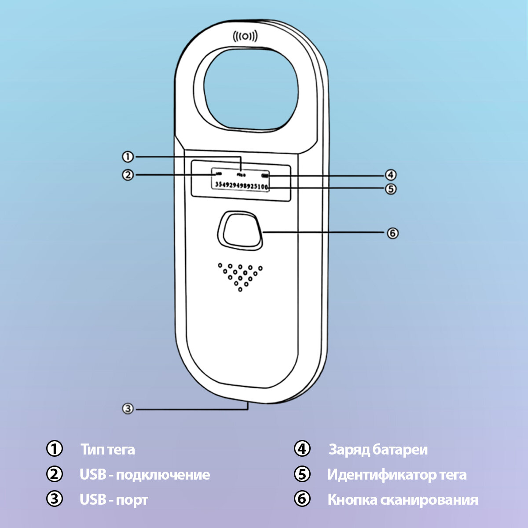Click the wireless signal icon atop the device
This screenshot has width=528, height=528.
click(x=245, y=37)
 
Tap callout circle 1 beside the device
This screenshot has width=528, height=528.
click(x=128, y=157)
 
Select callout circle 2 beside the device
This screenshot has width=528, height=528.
click(x=128, y=175)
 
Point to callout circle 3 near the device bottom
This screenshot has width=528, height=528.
click(x=128, y=408)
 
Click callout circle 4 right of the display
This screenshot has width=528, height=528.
click(x=391, y=175)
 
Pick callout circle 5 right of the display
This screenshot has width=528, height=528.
click(x=391, y=189)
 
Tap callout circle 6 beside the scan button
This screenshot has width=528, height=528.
click(x=392, y=233)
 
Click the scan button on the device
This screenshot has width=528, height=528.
click(x=240, y=230)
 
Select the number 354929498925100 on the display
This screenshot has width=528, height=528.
click(x=241, y=185)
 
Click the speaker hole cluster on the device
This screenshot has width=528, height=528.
click(x=240, y=276)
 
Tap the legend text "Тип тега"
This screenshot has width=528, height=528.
click(x=108, y=450)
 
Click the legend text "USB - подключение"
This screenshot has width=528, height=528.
click(x=145, y=475)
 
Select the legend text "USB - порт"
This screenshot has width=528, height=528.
click(x=114, y=500)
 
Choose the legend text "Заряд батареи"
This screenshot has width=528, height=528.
click(x=378, y=450)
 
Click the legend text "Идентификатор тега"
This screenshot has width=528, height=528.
click(x=397, y=475)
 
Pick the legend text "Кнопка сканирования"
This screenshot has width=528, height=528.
click(x=403, y=500)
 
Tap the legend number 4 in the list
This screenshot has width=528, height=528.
click(x=302, y=449)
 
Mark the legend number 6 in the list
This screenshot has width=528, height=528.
click(x=302, y=499)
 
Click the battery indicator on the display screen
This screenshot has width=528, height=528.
click(x=265, y=175)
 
